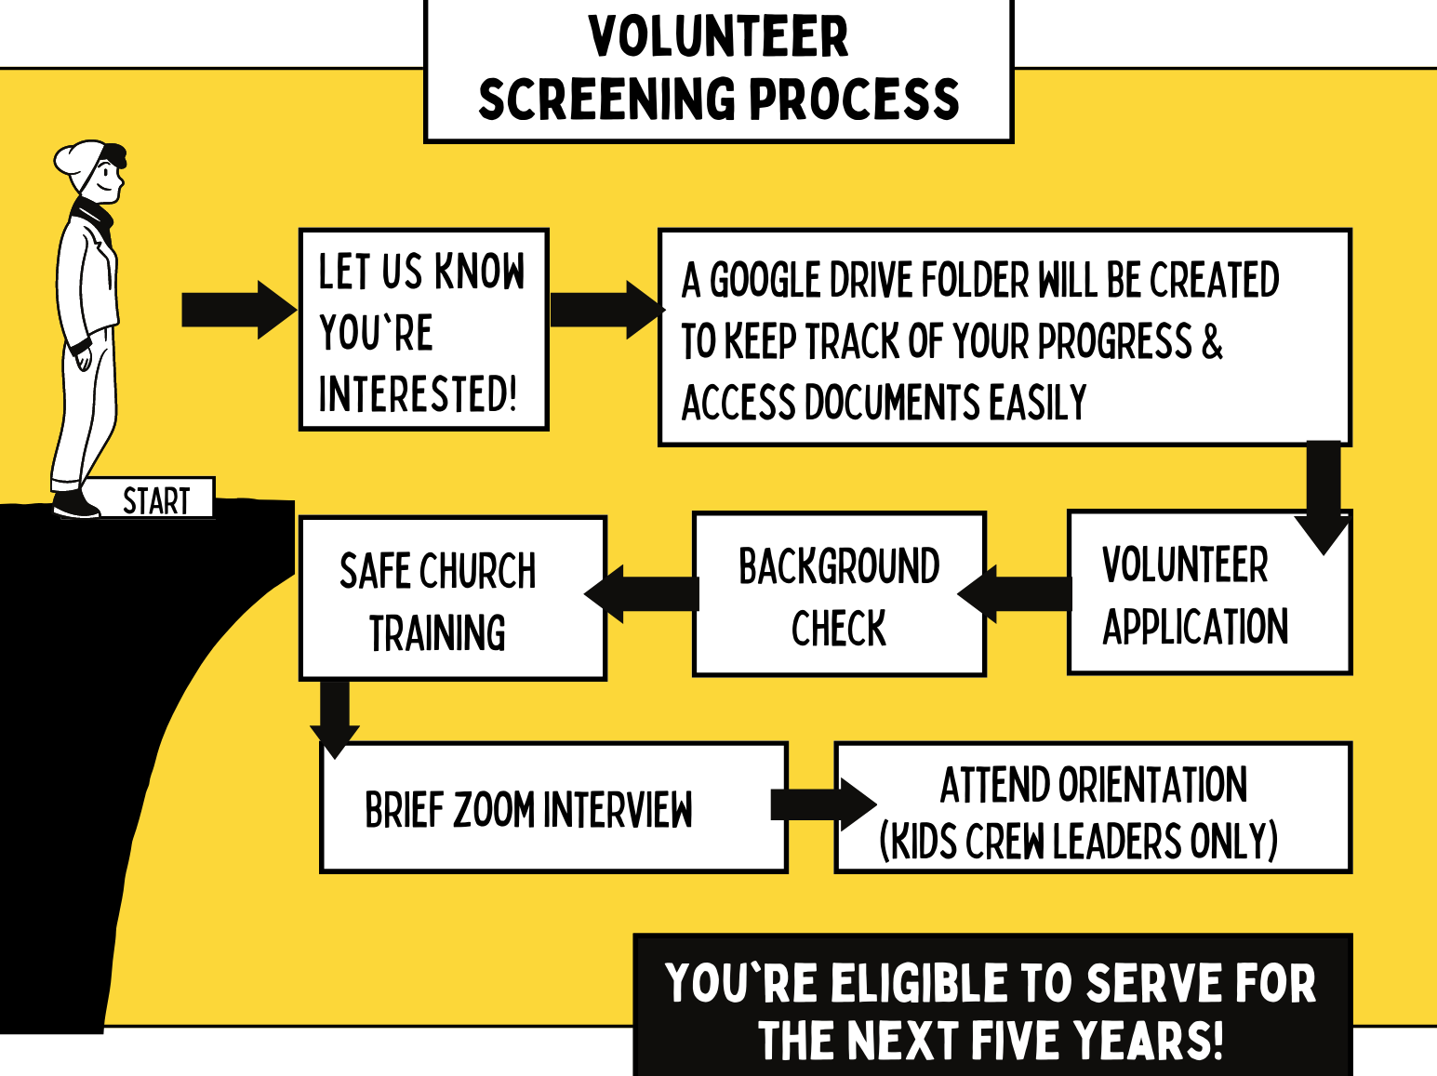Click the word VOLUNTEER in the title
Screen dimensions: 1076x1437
click(718, 37)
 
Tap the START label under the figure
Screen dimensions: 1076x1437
click(155, 500)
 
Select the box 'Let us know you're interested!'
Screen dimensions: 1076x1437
click(423, 330)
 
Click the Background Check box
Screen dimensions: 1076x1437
click(838, 595)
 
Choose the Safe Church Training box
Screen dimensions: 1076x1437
click(452, 599)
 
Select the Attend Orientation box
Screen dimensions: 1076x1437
click(1092, 808)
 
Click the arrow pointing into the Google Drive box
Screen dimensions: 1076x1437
click(605, 310)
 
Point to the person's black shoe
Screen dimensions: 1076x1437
click(74, 506)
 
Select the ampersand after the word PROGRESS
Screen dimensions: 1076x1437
click(1212, 341)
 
